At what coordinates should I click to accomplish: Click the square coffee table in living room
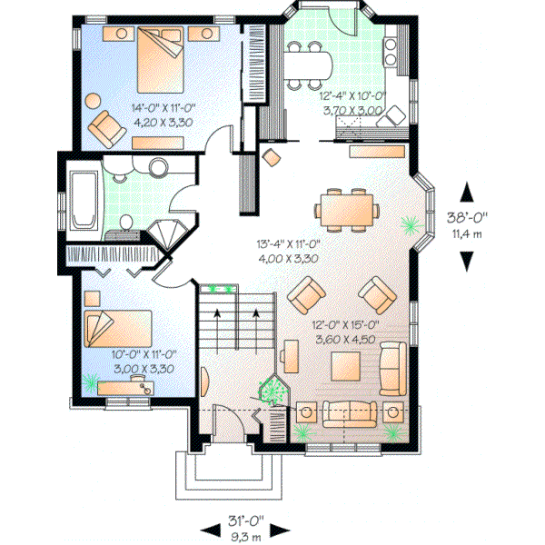349,366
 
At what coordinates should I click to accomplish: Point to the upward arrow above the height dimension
467,193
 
